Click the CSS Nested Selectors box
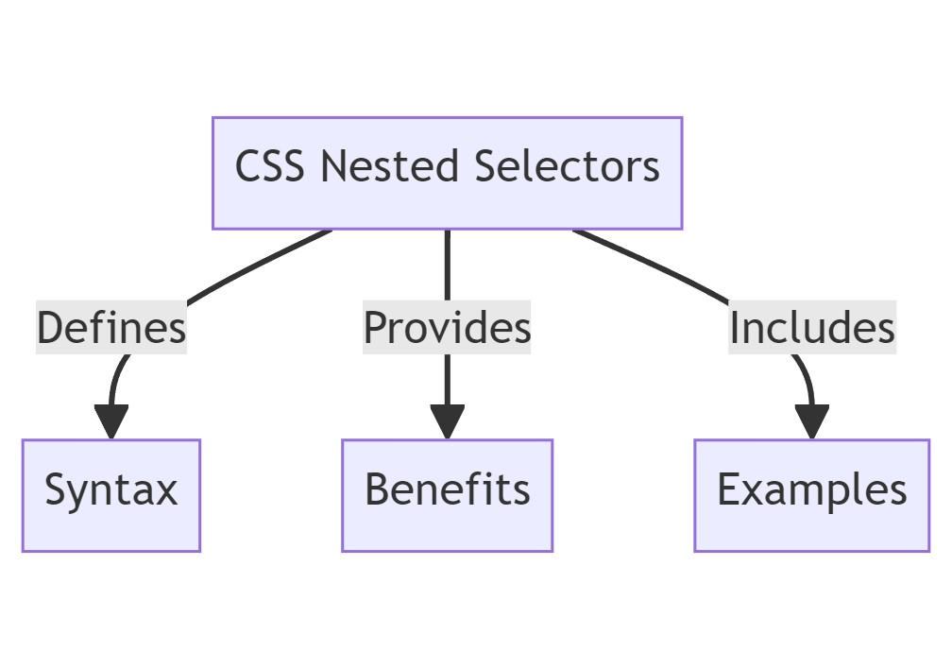[x=447, y=173]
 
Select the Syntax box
[x=111, y=495]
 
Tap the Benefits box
[x=447, y=495]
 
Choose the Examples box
[x=811, y=495]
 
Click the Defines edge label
[x=111, y=328]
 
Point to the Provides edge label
[x=447, y=328]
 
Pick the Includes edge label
[x=811, y=328]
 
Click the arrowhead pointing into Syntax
[x=111, y=421]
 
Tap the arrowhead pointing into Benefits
[x=447, y=421]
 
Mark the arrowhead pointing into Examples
[x=811, y=421]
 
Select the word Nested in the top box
[x=392, y=167]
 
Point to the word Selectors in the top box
[x=567, y=167]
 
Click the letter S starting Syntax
[x=56, y=490]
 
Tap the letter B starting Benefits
[x=377, y=490]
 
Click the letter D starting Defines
[x=50, y=328]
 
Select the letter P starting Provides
[x=375, y=328]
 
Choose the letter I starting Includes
[x=735, y=328]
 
